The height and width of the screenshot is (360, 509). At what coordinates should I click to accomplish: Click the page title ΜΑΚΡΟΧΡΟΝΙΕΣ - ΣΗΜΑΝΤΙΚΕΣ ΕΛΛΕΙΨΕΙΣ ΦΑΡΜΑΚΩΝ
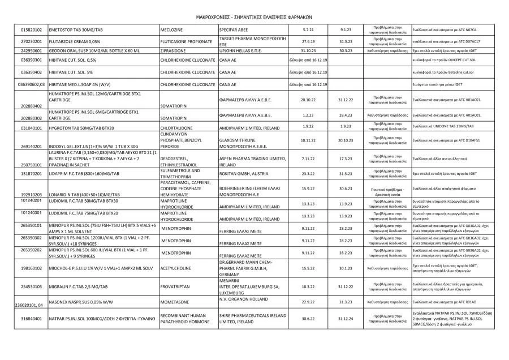(x=254, y=17)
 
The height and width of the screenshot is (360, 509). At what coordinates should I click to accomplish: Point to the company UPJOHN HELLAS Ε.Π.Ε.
(x=243, y=50)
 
